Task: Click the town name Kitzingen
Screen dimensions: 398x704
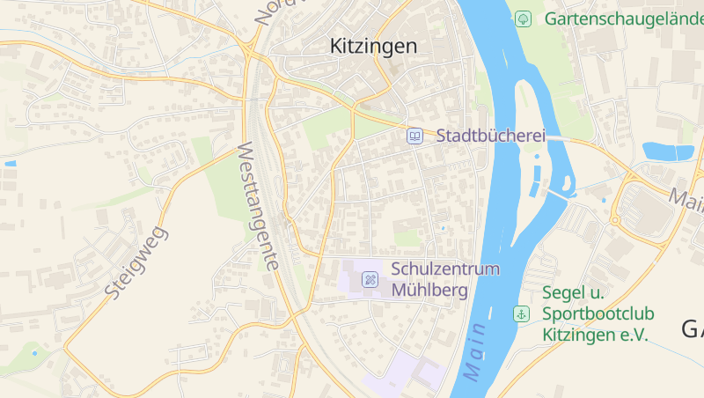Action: click(x=373, y=47)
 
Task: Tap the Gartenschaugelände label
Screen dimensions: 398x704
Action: click(x=623, y=18)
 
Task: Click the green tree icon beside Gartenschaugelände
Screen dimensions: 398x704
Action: click(x=523, y=18)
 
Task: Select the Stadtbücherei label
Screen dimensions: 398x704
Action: click(x=491, y=136)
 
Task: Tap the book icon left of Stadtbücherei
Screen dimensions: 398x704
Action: click(x=414, y=136)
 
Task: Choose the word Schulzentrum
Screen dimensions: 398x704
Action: click(x=445, y=269)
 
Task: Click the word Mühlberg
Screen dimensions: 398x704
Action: click(x=429, y=290)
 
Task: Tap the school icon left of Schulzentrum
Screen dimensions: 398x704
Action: click(x=370, y=279)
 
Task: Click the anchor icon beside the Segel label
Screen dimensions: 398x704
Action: click(x=521, y=313)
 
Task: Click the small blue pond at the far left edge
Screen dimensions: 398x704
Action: click(x=10, y=164)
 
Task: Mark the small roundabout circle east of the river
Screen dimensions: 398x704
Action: click(x=615, y=219)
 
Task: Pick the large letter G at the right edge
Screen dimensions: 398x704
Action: click(x=692, y=328)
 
